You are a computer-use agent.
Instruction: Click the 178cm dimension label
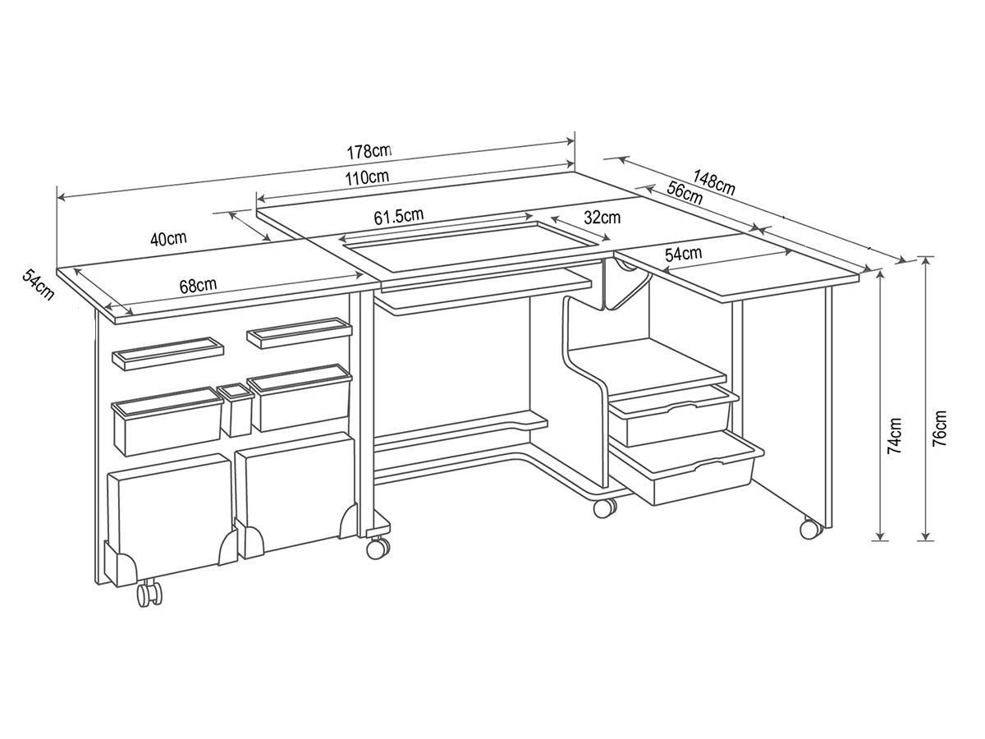tap(369, 151)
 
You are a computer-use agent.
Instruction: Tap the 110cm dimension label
tap(367, 177)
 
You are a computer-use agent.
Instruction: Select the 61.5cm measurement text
tap(398, 216)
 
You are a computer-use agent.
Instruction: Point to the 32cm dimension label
tap(602, 217)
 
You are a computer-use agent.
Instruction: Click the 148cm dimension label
tap(715, 182)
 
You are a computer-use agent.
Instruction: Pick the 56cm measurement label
tap(685, 192)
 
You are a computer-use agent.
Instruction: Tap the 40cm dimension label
tap(168, 238)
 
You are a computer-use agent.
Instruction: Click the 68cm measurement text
tap(198, 286)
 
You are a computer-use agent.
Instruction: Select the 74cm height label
tap(895, 435)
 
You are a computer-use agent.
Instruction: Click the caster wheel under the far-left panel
tap(149, 595)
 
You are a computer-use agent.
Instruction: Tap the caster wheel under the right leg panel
tap(811, 529)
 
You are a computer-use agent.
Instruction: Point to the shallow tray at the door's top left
tap(167, 354)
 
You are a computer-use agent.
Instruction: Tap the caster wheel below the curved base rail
tap(604, 508)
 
